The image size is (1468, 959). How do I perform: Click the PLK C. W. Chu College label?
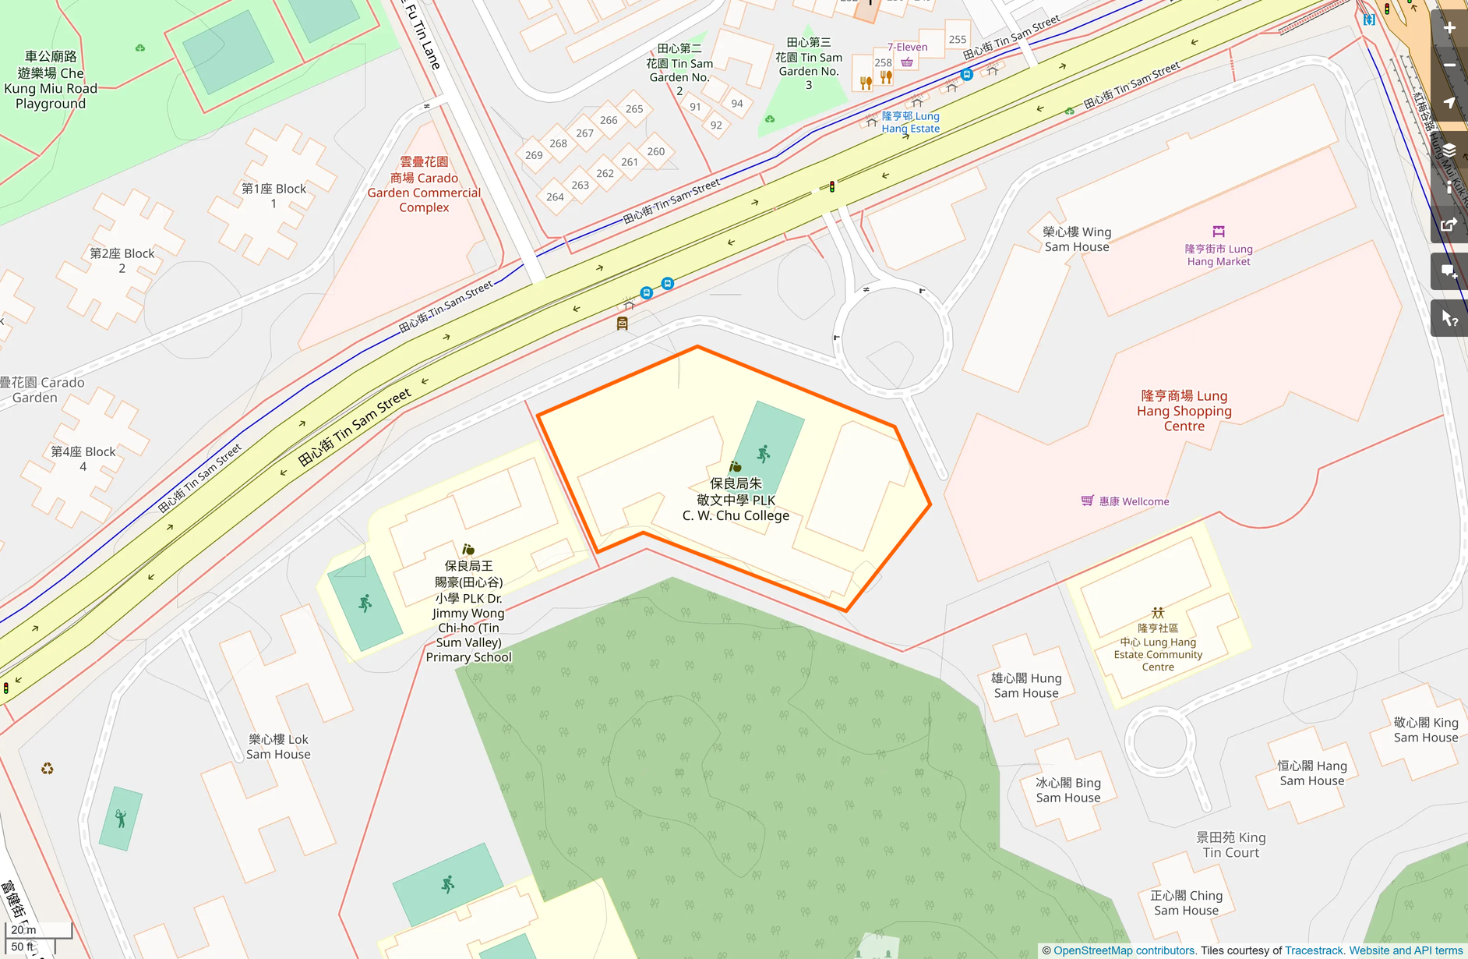click(x=736, y=499)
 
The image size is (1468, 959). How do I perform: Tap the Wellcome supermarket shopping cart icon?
click(x=1087, y=501)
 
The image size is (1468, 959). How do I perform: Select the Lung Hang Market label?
click(x=1218, y=255)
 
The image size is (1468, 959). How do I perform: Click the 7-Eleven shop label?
click(x=907, y=47)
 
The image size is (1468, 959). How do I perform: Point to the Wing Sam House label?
click(x=1077, y=239)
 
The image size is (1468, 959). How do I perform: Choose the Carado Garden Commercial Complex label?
click(x=424, y=185)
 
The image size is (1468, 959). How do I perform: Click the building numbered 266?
click(x=609, y=120)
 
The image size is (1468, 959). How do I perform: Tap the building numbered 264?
click(x=555, y=197)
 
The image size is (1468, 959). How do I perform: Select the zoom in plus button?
click(x=1449, y=28)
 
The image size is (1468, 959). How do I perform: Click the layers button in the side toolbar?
click(x=1449, y=150)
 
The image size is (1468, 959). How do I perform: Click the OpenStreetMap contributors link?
click(x=1124, y=950)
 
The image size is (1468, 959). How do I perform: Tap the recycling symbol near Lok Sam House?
click(x=48, y=769)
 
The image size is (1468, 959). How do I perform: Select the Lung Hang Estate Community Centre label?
click(x=1158, y=647)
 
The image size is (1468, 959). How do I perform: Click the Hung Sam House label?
click(x=1026, y=685)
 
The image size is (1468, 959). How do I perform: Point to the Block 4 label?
click(x=83, y=458)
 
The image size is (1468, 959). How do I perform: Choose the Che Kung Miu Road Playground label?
click(x=51, y=80)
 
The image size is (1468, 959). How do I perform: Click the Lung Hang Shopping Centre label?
click(x=1184, y=411)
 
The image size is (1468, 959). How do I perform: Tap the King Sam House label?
click(x=1425, y=730)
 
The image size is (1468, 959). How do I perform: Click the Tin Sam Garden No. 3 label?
click(x=809, y=63)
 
